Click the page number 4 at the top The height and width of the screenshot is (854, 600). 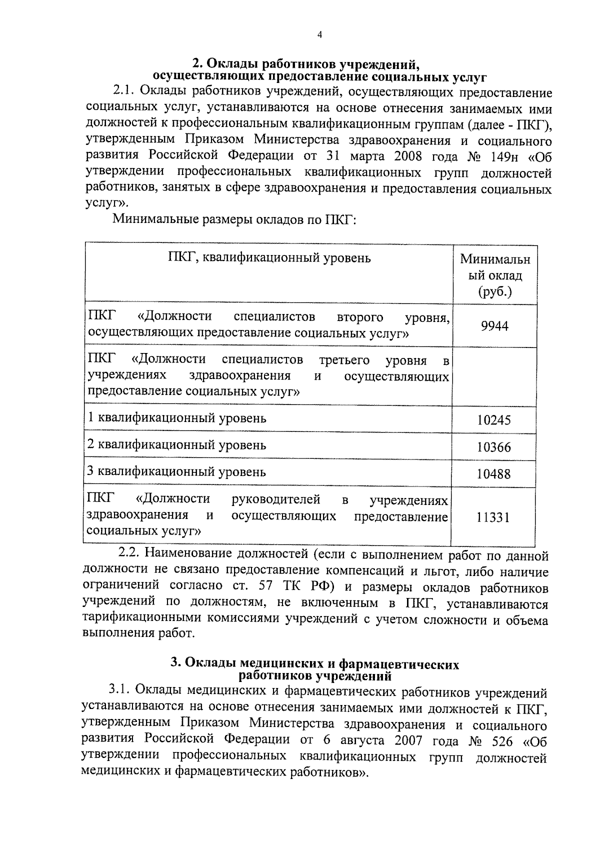(320, 34)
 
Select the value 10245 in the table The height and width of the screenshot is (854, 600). (493, 420)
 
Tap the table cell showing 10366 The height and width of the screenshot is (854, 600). (493, 447)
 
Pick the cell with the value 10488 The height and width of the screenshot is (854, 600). (493, 473)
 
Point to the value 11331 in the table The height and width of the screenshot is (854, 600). (492, 517)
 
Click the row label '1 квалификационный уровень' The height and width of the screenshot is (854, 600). (177, 418)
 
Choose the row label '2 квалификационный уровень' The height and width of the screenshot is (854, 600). (177, 445)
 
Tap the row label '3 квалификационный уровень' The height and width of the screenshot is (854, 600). (177, 472)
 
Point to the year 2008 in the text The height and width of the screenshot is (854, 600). (407, 156)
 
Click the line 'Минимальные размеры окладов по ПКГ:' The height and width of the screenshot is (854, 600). (233, 219)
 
